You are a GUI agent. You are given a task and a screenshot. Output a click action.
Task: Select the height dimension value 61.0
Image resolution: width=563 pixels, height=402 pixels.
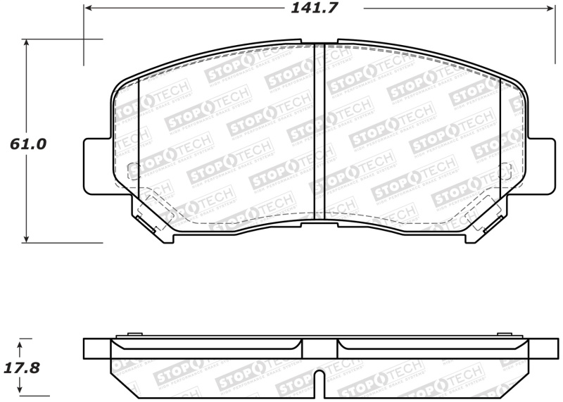[x=28, y=144]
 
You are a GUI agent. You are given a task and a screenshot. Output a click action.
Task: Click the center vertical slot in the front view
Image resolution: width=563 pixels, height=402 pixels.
[x=319, y=130]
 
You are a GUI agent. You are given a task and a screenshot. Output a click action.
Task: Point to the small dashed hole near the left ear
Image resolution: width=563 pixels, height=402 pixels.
[x=132, y=170]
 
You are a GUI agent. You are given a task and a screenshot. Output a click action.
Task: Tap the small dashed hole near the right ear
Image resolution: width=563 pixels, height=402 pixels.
[x=505, y=170]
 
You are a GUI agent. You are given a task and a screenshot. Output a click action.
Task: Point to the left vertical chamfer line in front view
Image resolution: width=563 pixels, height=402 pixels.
[x=139, y=134]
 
